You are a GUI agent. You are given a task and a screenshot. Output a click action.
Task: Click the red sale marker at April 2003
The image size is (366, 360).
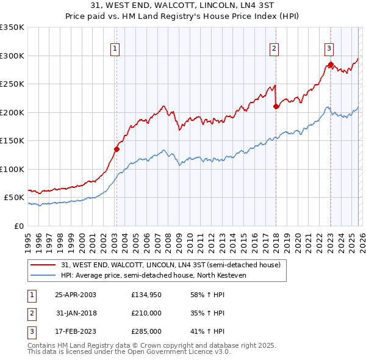coord(117,148)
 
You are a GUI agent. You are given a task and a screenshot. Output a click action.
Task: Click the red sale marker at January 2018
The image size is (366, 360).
coord(276,106)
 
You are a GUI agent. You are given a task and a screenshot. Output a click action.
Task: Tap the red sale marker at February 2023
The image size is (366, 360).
coord(330,64)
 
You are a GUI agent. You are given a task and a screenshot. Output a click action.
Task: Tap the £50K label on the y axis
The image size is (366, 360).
coord(15,198)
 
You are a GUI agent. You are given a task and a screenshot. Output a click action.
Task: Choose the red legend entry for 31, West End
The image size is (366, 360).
coord(170,265)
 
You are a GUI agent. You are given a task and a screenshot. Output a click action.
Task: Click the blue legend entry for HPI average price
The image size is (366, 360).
coord(161,275)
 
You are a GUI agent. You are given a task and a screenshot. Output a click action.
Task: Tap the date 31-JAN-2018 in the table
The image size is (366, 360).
coord(76,313)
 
